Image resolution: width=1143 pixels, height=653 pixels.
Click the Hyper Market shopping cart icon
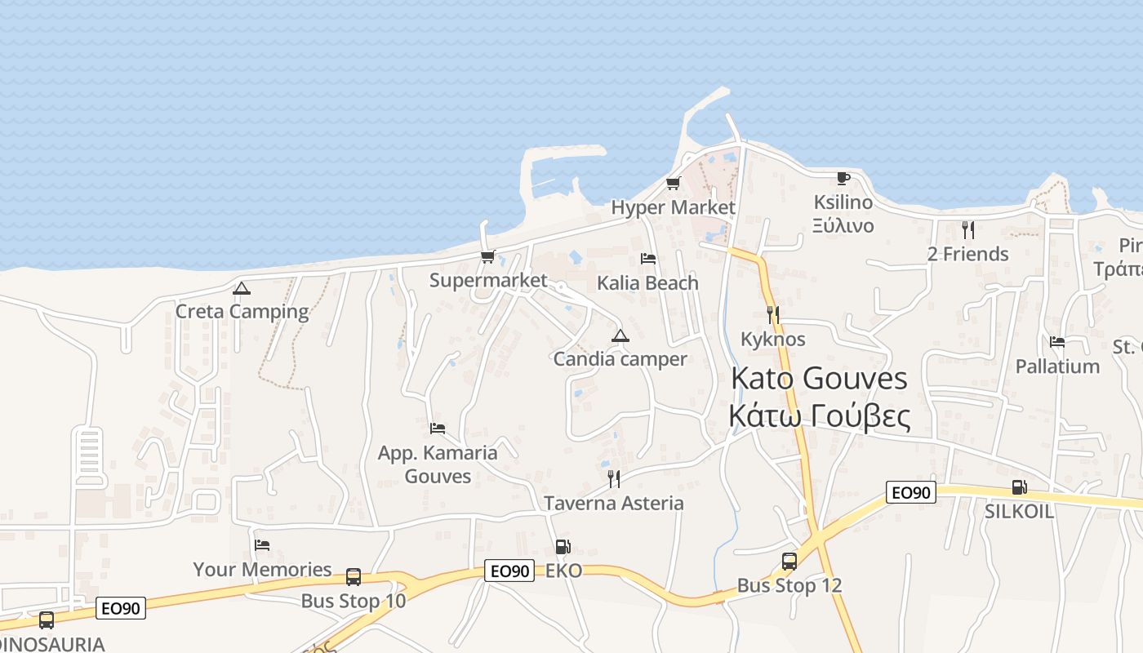click(x=674, y=183)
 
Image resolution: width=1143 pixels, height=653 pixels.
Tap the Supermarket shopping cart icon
click(x=488, y=257)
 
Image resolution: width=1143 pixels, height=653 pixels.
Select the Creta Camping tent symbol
click(x=241, y=288)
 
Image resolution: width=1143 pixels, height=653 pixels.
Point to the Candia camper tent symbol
click(x=620, y=335)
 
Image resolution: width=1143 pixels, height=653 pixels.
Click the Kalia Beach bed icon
click(x=648, y=259)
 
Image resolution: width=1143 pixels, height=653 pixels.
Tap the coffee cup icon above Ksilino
click(x=843, y=178)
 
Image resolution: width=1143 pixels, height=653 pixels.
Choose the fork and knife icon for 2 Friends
click(x=968, y=229)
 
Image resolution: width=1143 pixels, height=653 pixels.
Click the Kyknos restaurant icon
click(x=772, y=314)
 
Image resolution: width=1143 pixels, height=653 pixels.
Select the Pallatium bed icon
click(x=1057, y=342)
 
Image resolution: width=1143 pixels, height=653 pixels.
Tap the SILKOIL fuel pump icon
click(x=1019, y=487)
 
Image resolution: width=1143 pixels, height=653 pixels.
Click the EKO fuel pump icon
click(x=563, y=547)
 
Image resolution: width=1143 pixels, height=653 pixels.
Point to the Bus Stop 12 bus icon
click(x=789, y=562)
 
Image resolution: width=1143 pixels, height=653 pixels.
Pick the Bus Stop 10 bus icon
click(x=354, y=577)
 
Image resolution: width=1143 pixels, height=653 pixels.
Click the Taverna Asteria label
click(x=614, y=503)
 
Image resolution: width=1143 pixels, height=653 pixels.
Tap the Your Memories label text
click(x=262, y=570)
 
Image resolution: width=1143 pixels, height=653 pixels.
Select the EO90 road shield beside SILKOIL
click(x=910, y=492)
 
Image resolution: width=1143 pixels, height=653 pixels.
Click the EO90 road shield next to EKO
click(x=509, y=571)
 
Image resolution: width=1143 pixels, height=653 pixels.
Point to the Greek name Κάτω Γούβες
click(x=819, y=416)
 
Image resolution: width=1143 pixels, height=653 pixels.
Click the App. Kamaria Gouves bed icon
click(x=438, y=428)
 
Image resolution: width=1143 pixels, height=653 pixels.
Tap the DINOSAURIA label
click(x=51, y=644)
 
